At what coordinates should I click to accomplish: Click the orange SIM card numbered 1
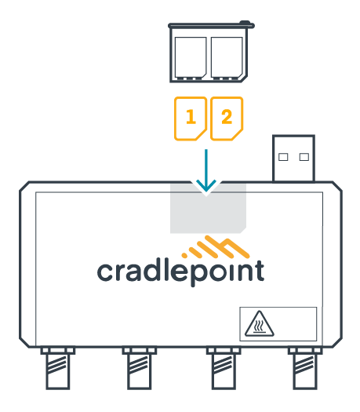tap(191, 118)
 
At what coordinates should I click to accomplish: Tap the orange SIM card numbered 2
tap(227, 118)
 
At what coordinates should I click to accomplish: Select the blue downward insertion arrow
tap(206, 170)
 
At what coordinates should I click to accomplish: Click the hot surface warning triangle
tap(260, 324)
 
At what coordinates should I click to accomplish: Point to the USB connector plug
tap(293, 159)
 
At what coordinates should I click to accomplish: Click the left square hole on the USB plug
tap(283, 157)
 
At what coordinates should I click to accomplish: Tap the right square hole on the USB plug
tap(304, 157)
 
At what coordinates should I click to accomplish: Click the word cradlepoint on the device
tap(180, 272)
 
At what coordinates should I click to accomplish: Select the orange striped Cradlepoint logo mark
tap(216, 246)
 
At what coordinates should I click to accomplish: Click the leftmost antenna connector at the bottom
tap(58, 368)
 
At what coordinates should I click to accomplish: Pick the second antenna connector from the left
tap(140, 368)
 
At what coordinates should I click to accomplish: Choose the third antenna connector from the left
tap(224, 368)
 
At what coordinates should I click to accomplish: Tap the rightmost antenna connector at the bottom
tap(305, 368)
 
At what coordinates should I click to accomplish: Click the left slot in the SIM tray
tap(191, 57)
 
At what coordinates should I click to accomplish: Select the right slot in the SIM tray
tap(227, 57)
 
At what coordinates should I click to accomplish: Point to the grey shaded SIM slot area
tap(208, 209)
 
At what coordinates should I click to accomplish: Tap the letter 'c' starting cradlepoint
tap(106, 272)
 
